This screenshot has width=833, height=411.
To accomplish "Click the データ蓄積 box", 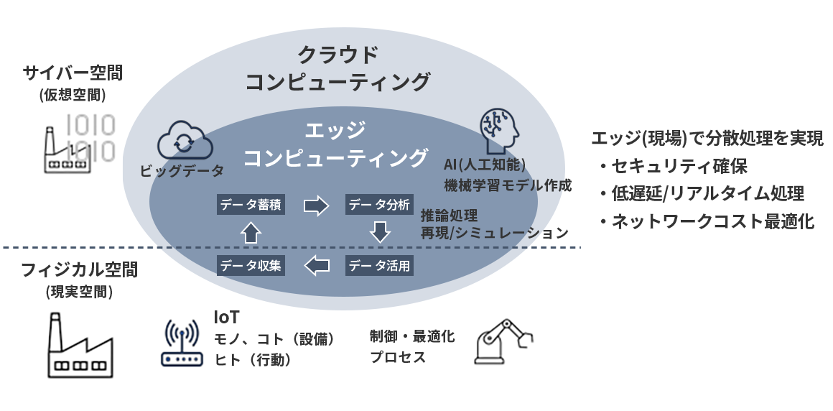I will [x=251, y=205].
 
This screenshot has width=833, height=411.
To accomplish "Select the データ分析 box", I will [x=379, y=205].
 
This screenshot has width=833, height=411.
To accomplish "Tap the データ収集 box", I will [x=251, y=266].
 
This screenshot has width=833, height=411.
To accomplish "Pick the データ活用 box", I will [x=379, y=266].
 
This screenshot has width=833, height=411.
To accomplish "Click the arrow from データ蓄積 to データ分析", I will [x=316, y=205].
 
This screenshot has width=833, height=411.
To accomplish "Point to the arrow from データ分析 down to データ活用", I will [x=379, y=232].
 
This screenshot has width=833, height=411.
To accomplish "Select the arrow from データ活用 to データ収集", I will [x=316, y=266].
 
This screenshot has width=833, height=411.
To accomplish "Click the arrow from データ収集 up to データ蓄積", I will [x=251, y=232].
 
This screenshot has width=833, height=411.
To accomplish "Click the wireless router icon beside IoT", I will [x=180, y=343].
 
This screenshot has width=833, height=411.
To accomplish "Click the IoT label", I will [x=226, y=317].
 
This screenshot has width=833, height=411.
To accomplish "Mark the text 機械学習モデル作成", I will [x=507, y=185].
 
